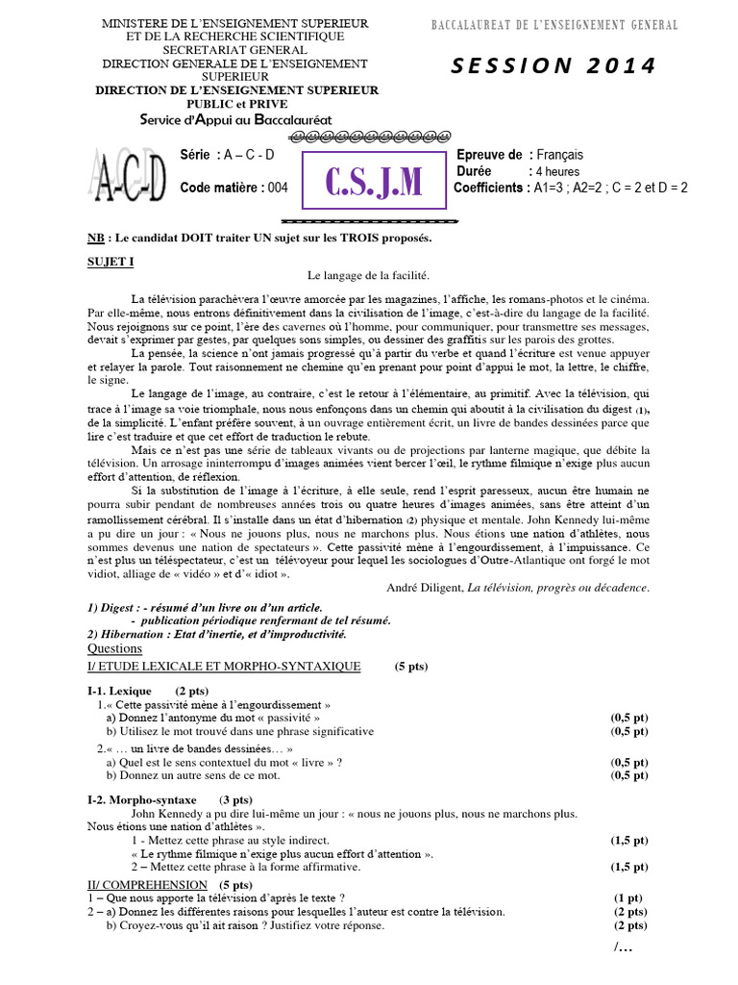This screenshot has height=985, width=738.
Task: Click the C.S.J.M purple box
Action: pos(374,179)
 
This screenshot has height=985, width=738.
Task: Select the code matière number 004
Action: pos(278,188)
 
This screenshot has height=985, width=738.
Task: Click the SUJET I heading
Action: pos(111,261)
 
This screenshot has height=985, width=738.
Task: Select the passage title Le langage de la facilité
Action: pos(368,276)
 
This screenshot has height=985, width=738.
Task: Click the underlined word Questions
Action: pos(114,648)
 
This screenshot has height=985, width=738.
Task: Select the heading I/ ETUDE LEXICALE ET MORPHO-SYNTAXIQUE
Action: pos(224,666)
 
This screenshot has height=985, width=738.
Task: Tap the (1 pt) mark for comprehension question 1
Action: pos(628,897)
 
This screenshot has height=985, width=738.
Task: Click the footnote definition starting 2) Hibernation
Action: pos(216,635)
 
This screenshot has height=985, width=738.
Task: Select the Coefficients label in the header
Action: pos(489,188)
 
